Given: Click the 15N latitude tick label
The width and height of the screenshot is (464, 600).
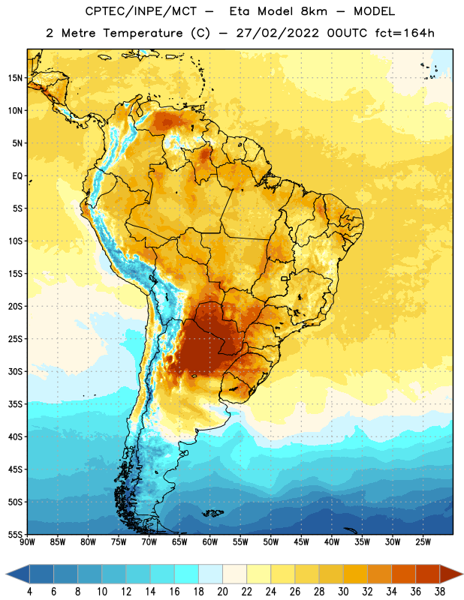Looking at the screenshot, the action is tap(15, 78).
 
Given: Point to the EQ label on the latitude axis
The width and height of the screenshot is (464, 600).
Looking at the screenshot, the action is tap(17, 176).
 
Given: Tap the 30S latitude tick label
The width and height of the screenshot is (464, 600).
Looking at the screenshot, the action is tap(15, 371).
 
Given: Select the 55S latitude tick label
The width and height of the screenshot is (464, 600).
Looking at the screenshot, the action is tap(15, 535).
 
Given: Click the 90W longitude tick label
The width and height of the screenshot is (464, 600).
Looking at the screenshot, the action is tap(28, 542).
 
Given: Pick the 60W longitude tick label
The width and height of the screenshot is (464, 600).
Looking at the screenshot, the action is tap(210, 542).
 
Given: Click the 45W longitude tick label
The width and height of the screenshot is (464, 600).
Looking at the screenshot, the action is tap(301, 542).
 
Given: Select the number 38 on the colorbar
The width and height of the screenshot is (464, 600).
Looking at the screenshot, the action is tap(440, 592).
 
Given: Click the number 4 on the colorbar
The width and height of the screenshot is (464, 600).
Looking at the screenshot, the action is tap(29, 592).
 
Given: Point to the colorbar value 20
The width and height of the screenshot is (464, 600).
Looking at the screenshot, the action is tap(222, 592).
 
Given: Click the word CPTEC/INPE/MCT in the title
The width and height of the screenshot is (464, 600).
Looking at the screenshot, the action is tap(141, 11).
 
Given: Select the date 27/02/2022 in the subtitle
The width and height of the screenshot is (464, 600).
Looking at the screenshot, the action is tap(277, 33).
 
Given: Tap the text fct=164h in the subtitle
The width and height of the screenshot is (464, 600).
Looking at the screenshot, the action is tap(405, 33).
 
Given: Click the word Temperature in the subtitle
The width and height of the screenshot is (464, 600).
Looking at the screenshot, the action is tap(143, 33).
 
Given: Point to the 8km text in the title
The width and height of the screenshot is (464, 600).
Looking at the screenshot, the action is tap(314, 11).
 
